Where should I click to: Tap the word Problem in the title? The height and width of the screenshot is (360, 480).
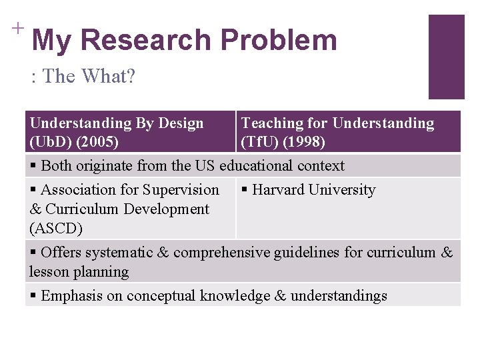[279, 40]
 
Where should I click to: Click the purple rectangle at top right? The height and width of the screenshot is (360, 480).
[446, 57]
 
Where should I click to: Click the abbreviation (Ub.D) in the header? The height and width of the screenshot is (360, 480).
[51, 142]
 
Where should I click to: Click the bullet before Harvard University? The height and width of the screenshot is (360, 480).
[245, 190]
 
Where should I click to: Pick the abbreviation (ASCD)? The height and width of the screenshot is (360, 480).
[56, 229]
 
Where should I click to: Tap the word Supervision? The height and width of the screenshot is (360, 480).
[181, 190]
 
